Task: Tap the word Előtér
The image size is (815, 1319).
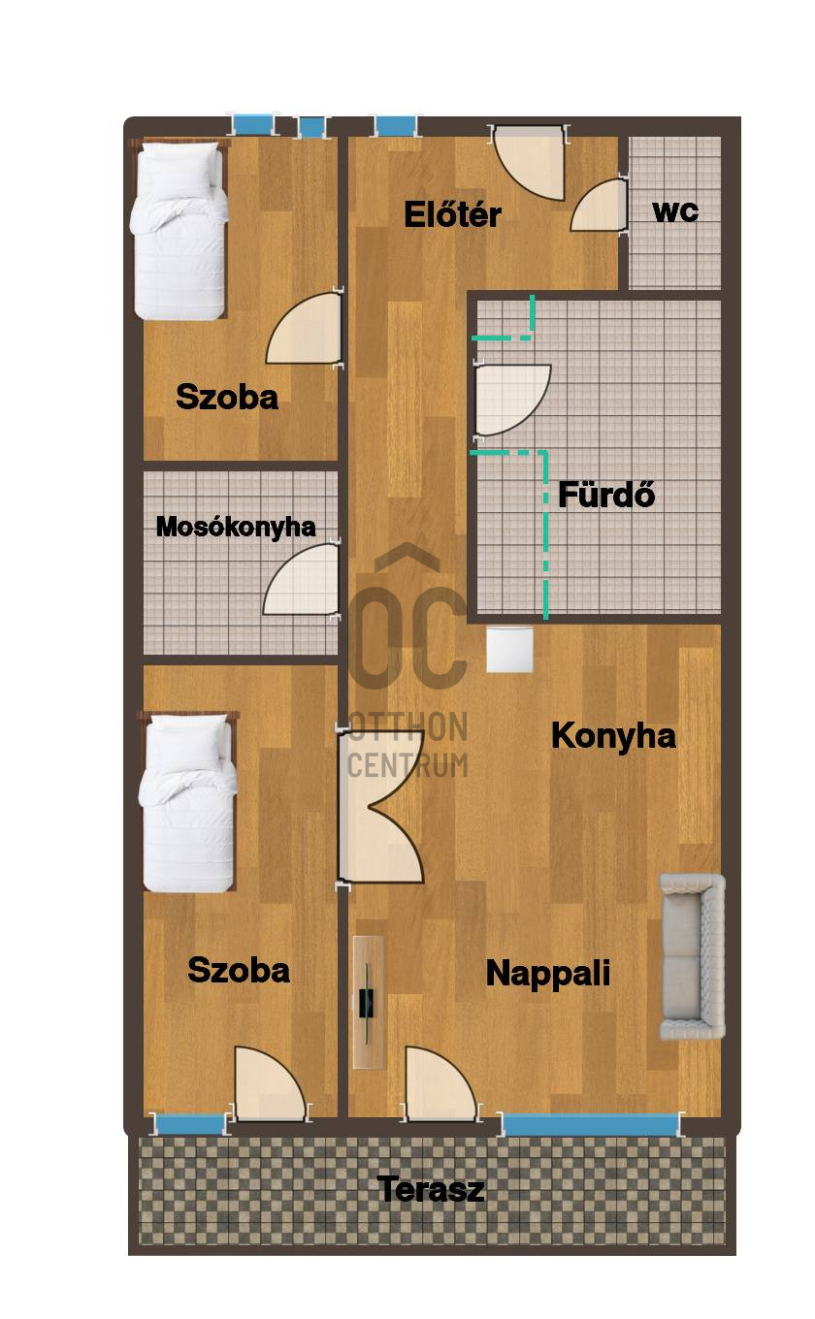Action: pyautogui.click(x=452, y=214)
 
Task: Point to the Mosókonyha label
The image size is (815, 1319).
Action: pyautogui.click(x=236, y=527)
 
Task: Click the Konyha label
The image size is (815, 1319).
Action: pyautogui.click(x=613, y=737)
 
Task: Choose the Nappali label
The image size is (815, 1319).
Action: pyautogui.click(x=547, y=974)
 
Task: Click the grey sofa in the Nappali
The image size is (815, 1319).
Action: pyautogui.click(x=692, y=957)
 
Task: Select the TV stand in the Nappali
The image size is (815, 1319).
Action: pyautogui.click(x=369, y=1002)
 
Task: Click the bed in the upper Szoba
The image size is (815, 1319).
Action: pyautogui.click(x=179, y=230)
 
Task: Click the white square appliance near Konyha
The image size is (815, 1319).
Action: pyautogui.click(x=509, y=650)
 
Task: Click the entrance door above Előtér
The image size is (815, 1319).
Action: pyautogui.click(x=529, y=162)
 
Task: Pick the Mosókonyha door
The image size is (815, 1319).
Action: pyautogui.click(x=302, y=579)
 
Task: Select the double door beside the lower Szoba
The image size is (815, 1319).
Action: pyautogui.click(x=380, y=807)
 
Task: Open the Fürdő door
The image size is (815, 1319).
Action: pyautogui.click(x=511, y=400)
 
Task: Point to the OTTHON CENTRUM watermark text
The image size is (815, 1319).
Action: pyautogui.click(x=407, y=745)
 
